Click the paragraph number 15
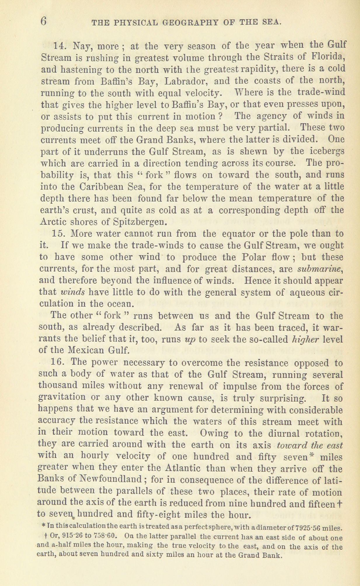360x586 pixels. point(59,234)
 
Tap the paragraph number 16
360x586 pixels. point(58,362)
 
